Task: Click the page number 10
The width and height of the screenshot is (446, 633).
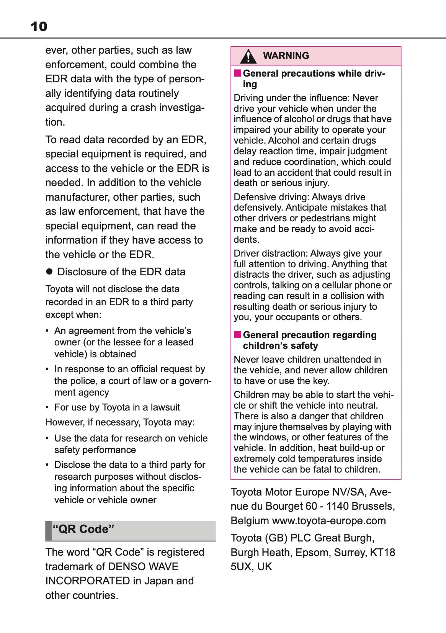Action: click(39, 26)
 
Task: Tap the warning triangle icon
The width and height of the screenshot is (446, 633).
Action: click(248, 56)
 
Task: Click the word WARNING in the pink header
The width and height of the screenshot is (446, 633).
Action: click(286, 56)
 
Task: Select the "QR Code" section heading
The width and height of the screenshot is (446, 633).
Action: click(83, 529)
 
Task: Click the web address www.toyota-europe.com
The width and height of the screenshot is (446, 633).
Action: click(329, 521)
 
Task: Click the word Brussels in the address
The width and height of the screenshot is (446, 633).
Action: click(373, 506)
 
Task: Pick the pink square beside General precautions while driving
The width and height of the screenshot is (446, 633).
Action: click(238, 73)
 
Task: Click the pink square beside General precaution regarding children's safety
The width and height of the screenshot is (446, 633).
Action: click(238, 335)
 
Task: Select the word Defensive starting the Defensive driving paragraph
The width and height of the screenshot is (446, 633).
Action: click(252, 197)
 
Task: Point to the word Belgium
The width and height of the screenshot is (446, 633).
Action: click(250, 521)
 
